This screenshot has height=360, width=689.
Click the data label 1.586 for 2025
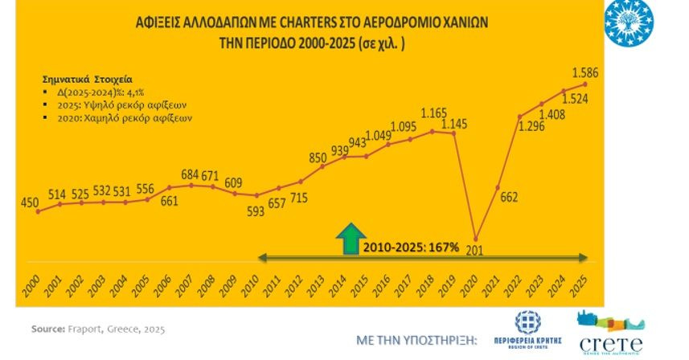585,71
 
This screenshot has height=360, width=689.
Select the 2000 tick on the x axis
29,288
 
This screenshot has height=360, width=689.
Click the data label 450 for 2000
29,202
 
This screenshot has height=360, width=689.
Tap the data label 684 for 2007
191,174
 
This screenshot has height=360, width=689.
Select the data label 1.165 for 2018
433,112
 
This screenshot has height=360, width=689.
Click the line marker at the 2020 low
477,239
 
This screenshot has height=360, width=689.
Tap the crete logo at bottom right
612,333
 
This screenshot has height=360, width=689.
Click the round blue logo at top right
651,22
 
